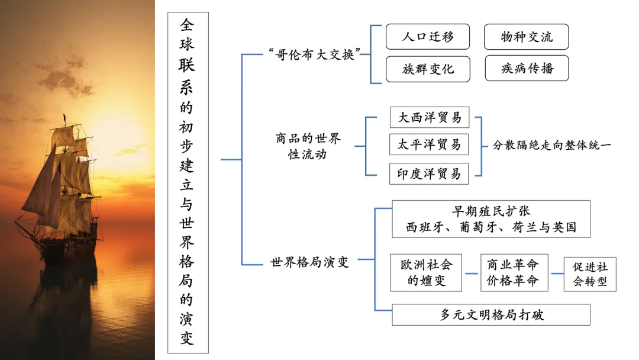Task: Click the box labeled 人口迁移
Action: [x=428, y=37]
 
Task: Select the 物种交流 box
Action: [x=526, y=37]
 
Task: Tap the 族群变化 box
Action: [x=428, y=69]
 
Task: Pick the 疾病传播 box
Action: [x=526, y=68]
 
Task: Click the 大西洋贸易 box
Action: [x=429, y=117]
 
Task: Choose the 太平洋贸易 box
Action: [x=429, y=144]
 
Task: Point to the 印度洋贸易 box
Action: [x=429, y=174]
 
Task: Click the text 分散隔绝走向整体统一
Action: [x=551, y=145]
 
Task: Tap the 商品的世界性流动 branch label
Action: [x=308, y=147]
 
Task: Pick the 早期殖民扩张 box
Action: [x=490, y=219]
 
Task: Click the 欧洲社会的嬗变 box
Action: [x=426, y=273]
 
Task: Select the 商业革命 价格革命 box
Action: [x=514, y=273]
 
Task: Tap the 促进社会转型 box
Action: [x=589, y=274]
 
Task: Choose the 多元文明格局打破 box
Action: [x=490, y=314]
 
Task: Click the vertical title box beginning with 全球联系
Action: [x=187, y=182]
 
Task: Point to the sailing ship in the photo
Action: [x=62, y=189]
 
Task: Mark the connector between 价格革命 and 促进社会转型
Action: [x=556, y=274]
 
